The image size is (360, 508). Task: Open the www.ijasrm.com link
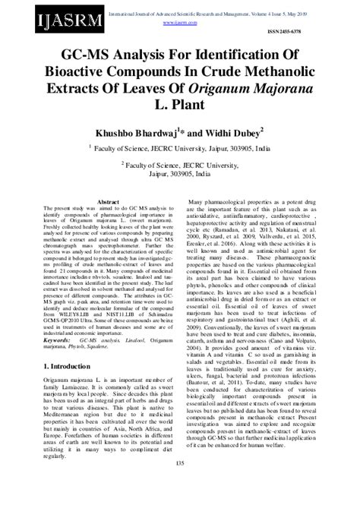coord(195,22)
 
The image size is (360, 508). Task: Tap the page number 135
coord(180,484)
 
